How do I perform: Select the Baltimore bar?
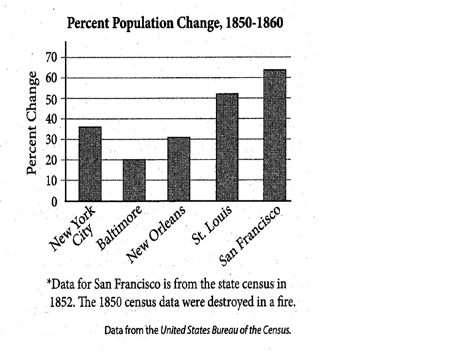pos(134,180)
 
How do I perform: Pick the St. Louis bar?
pos(227,147)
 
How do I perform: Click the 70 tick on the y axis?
pos(51,57)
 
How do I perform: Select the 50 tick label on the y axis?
pos(51,99)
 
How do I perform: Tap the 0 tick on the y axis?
pos(54,202)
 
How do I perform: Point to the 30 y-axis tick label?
pos(51,140)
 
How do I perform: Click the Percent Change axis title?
pos(32,123)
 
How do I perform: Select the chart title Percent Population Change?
pos(175,23)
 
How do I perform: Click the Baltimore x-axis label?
pos(120,227)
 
